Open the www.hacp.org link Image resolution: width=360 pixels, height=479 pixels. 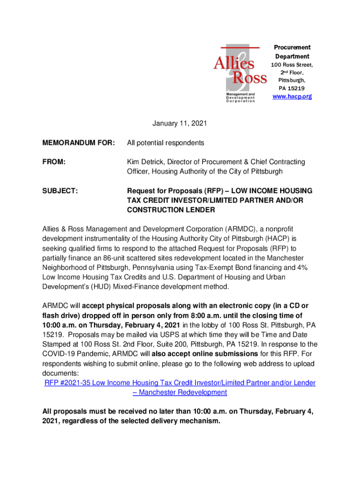292,96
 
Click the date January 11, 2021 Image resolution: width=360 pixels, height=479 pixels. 180,123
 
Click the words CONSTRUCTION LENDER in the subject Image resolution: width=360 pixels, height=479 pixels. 171,210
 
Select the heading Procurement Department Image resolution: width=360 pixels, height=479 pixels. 292,51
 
